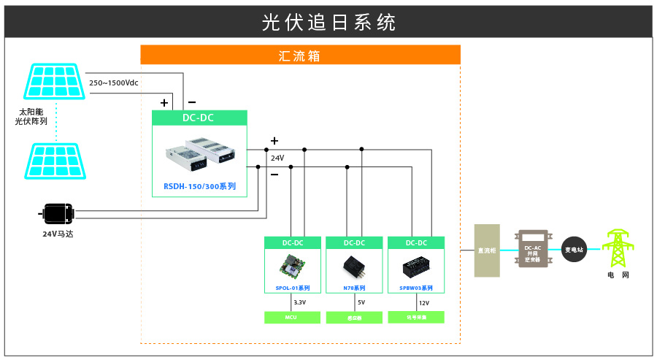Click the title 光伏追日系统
[x=328, y=22]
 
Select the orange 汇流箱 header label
[x=300, y=55]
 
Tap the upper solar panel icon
[x=55, y=82]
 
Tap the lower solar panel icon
[x=55, y=161]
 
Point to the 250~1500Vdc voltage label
[x=114, y=83]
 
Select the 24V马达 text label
[x=58, y=234]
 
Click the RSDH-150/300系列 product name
[x=199, y=186]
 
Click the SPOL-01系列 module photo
[x=293, y=266]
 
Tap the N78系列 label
[x=354, y=288]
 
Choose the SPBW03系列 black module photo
[x=416, y=267]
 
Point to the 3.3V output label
[x=300, y=302]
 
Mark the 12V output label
[x=424, y=302]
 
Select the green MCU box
[x=292, y=317]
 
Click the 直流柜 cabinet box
[x=487, y=250]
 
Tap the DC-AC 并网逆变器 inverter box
[x=533, y=249]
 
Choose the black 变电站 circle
[x=575, y=250]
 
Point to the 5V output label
[x=361, y=302]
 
